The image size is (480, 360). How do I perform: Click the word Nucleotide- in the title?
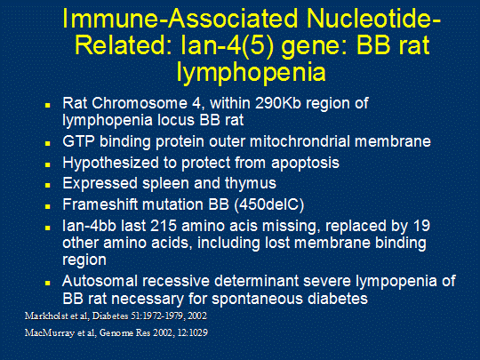click(x=373, y=19)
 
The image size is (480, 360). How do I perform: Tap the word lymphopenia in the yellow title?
click(x=251, y=72)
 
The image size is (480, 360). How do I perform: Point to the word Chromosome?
click(x=140, y=103)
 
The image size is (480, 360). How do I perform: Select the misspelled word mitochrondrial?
click(x=300, y=141)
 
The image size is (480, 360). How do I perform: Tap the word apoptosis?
click(x=305, y=164)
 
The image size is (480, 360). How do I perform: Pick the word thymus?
click(x=251, y=184)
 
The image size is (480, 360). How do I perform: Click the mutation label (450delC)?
click(x=269, y=204)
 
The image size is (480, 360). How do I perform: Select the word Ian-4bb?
click(x=89, y=226)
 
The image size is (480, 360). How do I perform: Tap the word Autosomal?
click(x=100, y=281)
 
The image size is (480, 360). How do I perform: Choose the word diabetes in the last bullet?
click(x=338, y=299)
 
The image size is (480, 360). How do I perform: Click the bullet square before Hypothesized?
click(x=47, y=164)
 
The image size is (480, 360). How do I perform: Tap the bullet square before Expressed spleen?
click(x=47, y=185)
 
